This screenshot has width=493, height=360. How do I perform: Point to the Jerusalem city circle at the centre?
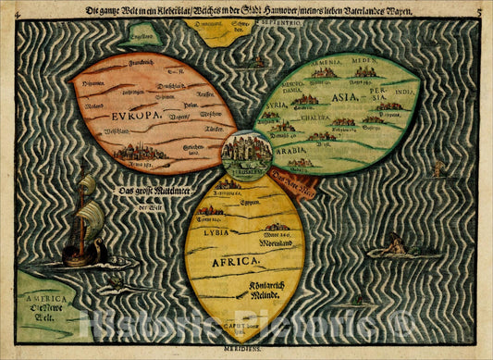[247, 152]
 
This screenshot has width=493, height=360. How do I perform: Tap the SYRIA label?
[276, 106]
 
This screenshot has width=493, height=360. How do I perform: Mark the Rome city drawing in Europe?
[140, 154]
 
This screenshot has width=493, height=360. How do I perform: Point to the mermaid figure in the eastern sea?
[395, 248]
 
